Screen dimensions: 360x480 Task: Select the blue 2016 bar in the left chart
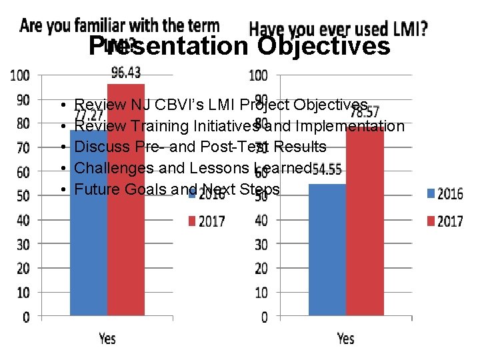89,260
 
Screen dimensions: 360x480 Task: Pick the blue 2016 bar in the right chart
327,260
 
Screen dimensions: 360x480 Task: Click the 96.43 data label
125,72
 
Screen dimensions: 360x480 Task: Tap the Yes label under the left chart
107,338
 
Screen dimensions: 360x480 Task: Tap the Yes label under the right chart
346,338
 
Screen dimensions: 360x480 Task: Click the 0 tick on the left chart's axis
26,317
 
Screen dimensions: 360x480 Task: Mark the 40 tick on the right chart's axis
262,220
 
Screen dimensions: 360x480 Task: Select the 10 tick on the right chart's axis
262,293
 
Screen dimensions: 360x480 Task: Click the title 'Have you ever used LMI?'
338,29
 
